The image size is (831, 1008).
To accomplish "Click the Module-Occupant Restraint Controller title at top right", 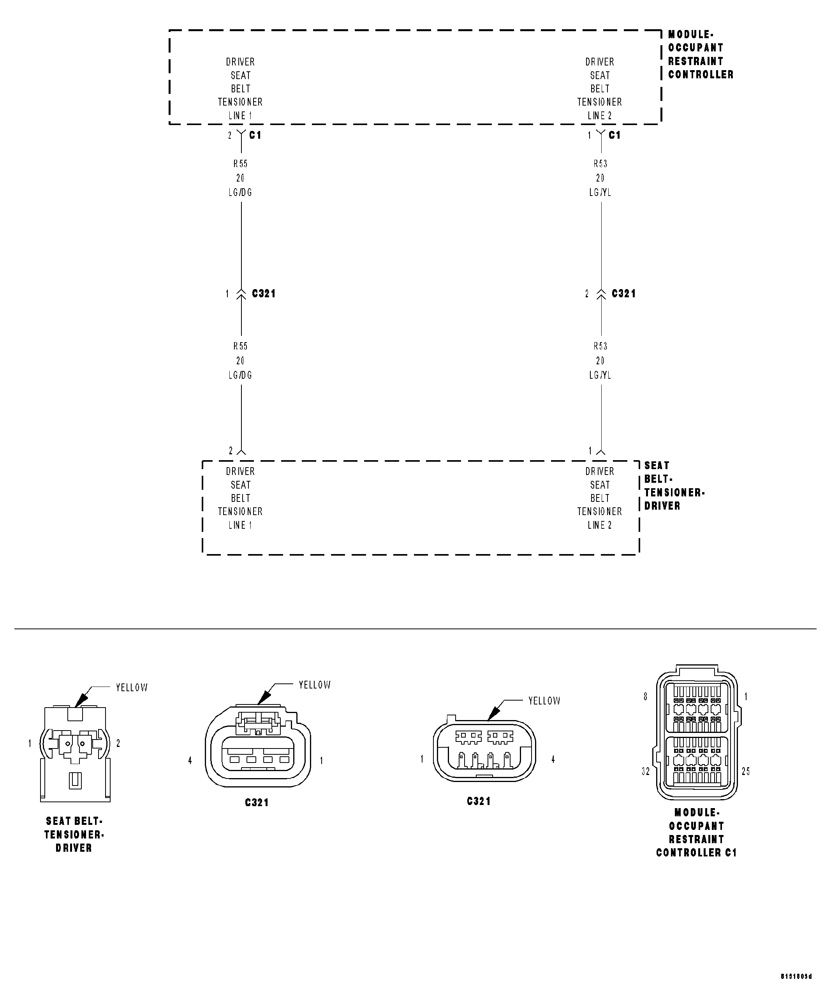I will pyautogui.click(x=700, y=54).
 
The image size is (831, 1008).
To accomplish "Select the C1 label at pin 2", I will pyautogui.click(x=255, y=135).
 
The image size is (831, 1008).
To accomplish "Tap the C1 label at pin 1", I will pyautogui.click(x=614, y=135).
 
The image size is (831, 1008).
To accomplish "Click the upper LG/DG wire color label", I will pyautogui.click(x=240, y=192).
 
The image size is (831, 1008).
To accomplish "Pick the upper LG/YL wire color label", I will pyautogui.click(x=600, y=192).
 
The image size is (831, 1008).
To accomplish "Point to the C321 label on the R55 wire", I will pyautogui.click(x=264, y=293).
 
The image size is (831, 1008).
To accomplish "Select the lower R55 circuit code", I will pyautogui.click(x=240, y=346).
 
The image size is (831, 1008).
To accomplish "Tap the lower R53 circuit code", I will pyautogui.click(x=600, y=346).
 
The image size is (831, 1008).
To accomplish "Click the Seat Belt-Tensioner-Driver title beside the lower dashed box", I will pyautogui.click(x=674, y=485).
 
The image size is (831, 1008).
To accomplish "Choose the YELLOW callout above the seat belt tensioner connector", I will pyautogui.click(x=132, y=688).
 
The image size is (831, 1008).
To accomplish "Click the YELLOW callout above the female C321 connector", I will pyautogui.click(x=315, y=685).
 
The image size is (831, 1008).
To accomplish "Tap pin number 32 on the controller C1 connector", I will pyautogui.click(x=645, y=771).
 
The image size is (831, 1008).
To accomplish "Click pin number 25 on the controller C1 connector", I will pyautogui.click(x=745, y=771).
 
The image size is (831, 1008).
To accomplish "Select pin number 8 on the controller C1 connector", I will pyautogui.click(x=645, y=697).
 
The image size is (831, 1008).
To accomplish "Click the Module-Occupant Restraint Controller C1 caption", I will pyautogui.click(x=696, y=833).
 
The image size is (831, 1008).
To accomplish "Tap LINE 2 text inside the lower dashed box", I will pyautogui.click(x=600, y=525).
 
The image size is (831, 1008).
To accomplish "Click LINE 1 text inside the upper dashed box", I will pyautogui.click(x=240, y=115).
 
